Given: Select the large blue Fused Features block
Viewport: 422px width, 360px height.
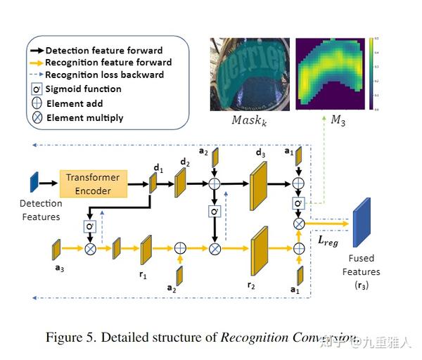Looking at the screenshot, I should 362,223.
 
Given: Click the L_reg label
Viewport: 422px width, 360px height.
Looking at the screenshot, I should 328,240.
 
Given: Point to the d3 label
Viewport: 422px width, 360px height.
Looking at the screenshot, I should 261,153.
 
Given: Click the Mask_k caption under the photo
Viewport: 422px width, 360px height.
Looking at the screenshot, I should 245,120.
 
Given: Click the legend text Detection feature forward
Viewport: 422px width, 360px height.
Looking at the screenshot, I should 103,51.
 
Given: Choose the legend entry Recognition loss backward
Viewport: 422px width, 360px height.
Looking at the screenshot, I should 104,75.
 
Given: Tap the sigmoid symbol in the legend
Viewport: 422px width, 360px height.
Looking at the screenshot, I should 36,89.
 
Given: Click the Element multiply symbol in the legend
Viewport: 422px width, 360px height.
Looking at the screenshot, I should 36,117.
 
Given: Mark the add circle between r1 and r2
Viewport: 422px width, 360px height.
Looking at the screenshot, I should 180,248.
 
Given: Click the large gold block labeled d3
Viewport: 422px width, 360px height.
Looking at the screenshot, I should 260,184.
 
